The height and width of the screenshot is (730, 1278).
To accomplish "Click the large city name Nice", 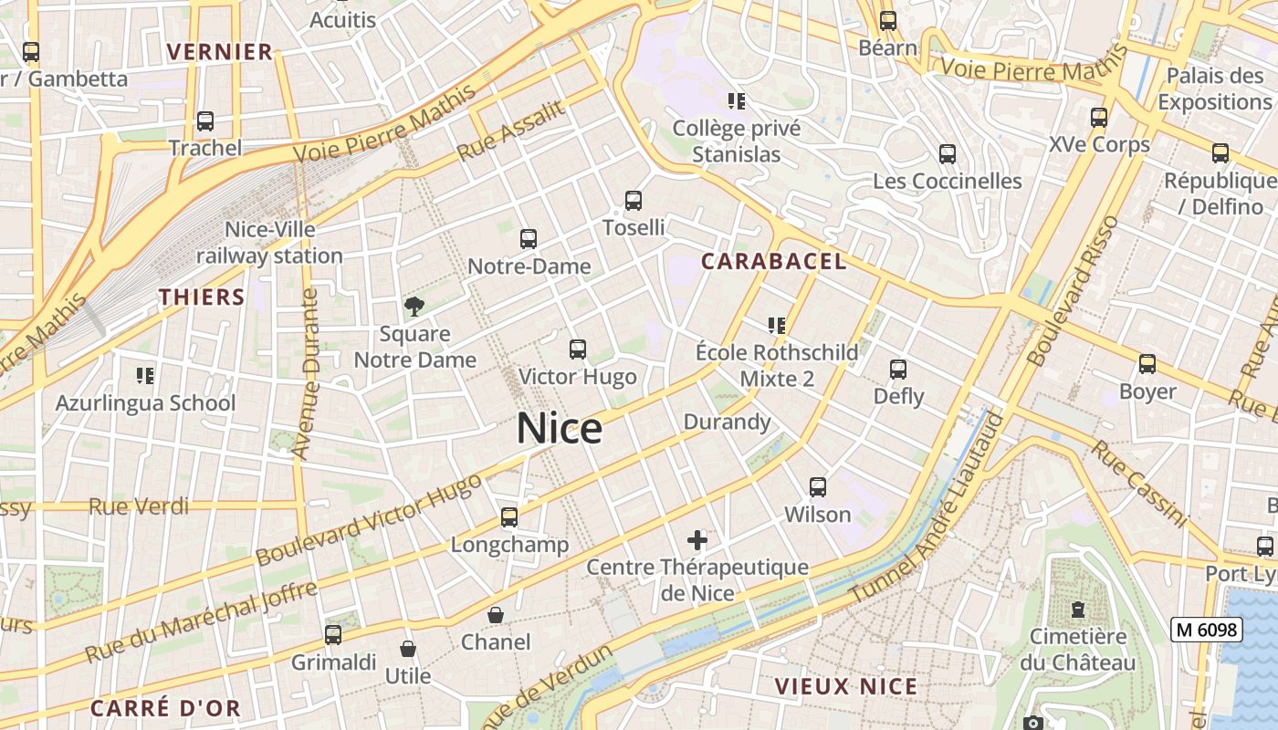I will tap(560, 428).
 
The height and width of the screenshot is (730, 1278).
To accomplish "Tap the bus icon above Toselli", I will tap(634, 201).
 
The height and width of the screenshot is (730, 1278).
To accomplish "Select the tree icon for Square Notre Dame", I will tap(414, 306).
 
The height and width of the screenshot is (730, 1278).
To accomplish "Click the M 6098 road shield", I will tap(1207, 630).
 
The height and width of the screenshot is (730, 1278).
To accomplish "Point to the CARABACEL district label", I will tap(773, 262).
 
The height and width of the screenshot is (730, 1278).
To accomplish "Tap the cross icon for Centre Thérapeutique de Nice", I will tap(697, 540).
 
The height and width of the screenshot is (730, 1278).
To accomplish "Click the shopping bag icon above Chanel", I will tap(496, 615).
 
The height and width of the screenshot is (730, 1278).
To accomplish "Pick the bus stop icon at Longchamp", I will tap(509, 517).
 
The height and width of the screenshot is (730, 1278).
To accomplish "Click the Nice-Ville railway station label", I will tap(270, 243).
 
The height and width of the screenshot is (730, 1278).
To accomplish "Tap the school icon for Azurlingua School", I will tap(144, 375).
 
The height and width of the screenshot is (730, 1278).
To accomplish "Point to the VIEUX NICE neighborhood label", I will tap(845, 686).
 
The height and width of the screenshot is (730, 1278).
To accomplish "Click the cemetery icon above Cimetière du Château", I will tap(1078, 609).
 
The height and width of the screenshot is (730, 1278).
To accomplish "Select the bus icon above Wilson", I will tap(818, 487).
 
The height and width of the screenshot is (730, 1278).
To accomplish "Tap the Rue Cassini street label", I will tap(1139, 485).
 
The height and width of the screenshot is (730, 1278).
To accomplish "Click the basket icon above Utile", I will tap(408, 649).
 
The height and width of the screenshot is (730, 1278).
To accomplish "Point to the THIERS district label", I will tap(202, 297).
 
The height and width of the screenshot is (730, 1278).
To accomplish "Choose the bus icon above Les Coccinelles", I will tap(948, 153).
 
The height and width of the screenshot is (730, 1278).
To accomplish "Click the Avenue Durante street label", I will tap(306, 374).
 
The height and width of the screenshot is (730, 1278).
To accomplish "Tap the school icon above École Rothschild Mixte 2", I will tap(777, 325).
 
